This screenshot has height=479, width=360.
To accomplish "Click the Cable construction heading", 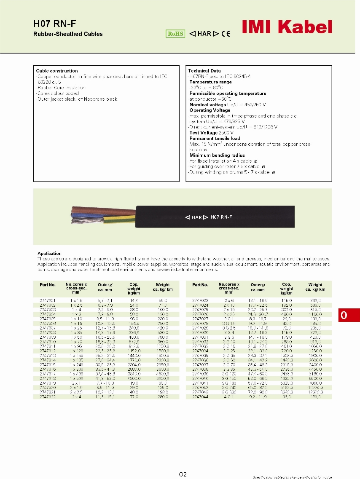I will pos(57,71).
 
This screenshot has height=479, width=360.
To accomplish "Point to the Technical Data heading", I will pos(204,71).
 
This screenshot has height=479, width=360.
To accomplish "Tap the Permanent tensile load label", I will pos(215,138).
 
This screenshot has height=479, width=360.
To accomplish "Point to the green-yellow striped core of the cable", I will pos(118,218).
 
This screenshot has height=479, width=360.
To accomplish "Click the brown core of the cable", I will pos(101,209).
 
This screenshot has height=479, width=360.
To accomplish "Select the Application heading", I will pos(49,254).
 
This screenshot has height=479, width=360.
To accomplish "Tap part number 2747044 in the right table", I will pos(200,397).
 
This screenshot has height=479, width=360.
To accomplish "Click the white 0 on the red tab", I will pos(344,316).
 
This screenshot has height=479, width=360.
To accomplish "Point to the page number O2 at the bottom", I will pos(183,474).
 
